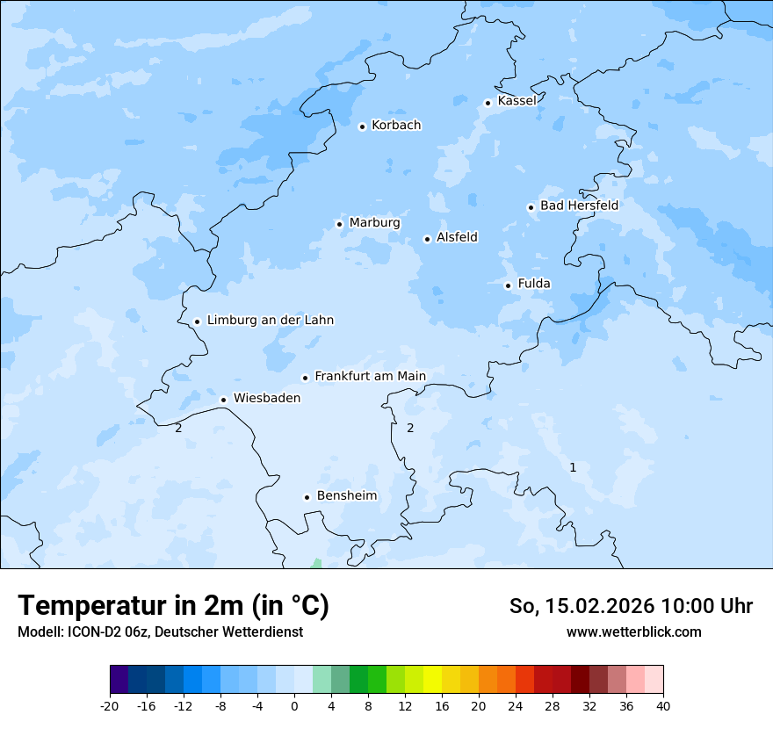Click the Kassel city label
tap(517, 101)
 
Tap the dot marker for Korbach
tap(362, 126)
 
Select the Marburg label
tap(374, 223)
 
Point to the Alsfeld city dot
tap(427, 239)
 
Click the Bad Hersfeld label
tap(579, 206)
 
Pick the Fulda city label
tap(534, 284)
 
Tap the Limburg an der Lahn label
tap(270, 321)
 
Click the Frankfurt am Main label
tap(370, 377)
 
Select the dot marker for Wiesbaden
tap(223, 400)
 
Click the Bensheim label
tap(346, 496)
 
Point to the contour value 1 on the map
tap(573, 467)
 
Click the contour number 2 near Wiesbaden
tap(178, 428)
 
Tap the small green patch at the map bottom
tap(316, 564)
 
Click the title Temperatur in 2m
tap(173, 606)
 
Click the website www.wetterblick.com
tap(633, 632)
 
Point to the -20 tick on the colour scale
tap(110, 705)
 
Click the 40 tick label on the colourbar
tap(663, 705)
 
